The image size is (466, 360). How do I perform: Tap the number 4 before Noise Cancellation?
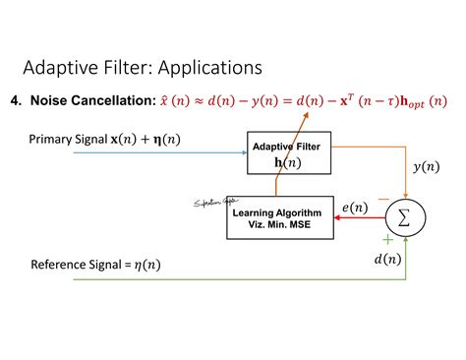click(14, 100)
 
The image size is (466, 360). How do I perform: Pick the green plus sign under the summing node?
click(386, 238)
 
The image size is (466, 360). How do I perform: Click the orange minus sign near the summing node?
click(381, 198)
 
